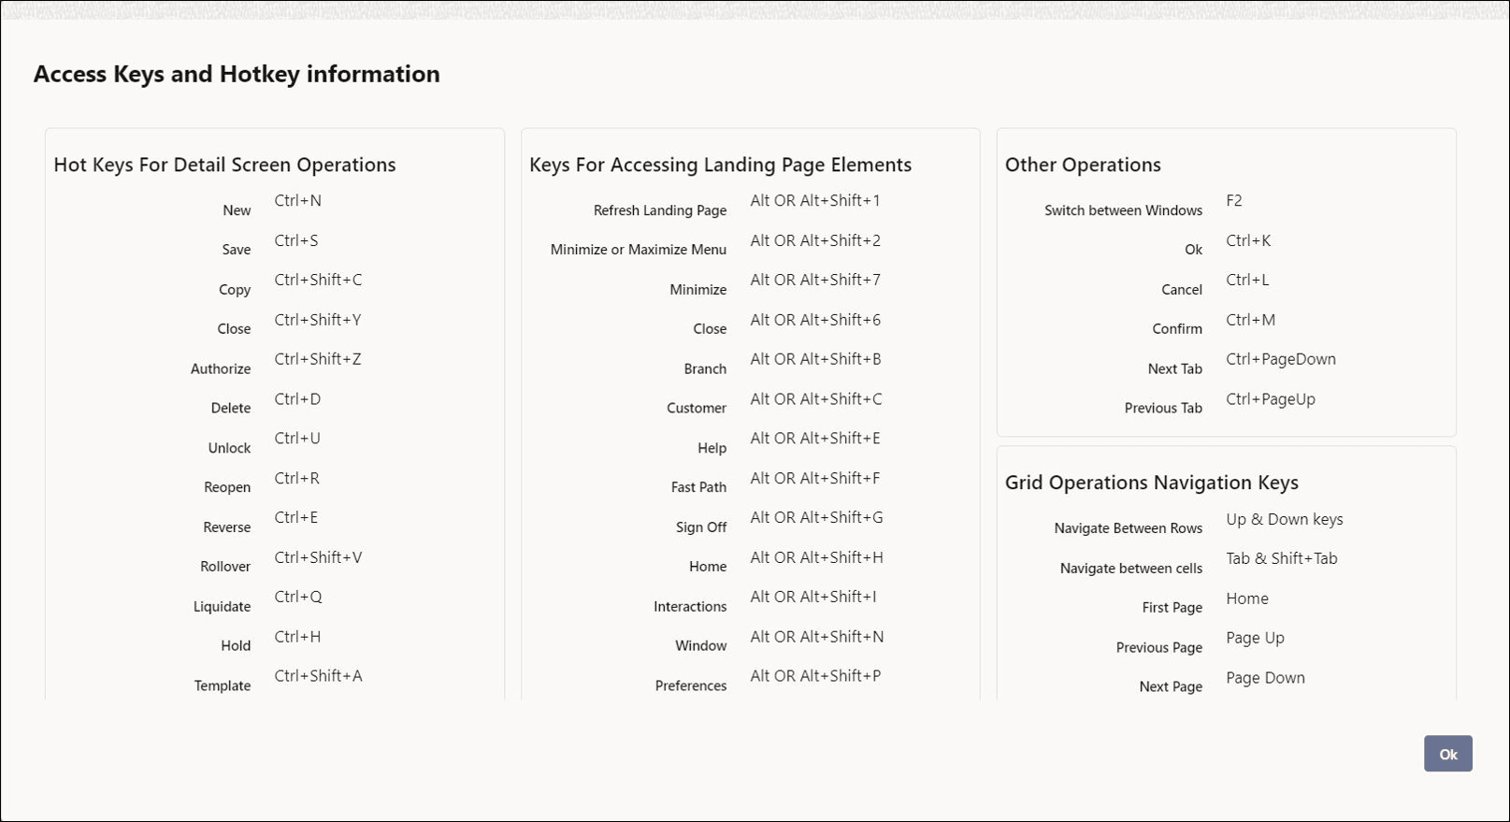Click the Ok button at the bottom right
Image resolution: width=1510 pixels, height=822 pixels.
(x=1447, y=754)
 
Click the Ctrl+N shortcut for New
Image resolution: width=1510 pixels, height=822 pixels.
(x=297, y=201)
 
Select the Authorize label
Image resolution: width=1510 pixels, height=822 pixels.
(x=221, y=369)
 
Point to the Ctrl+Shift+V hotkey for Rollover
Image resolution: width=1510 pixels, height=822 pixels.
(x=318, y=557)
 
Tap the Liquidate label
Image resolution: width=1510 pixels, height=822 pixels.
(x=222, y=607)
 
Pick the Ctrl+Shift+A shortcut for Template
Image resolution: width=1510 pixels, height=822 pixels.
(x=318, y=676)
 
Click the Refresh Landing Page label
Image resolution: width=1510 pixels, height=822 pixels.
(x=659, y=210)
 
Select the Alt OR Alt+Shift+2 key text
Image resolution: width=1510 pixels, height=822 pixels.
(x=814, y=241)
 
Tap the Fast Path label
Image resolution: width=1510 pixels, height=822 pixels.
(x=698, y=487)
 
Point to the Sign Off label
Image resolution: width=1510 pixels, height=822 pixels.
(x=701, y=527)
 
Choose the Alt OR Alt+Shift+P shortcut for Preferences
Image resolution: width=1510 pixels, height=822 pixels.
(x=814, y=676)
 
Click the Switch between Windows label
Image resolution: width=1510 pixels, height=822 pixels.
(x=1123, y=210)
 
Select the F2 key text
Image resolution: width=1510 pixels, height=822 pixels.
(x=1233, y=201)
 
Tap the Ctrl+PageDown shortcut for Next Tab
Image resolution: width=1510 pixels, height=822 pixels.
(x=1280, y=359)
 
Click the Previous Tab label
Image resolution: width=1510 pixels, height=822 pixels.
(x=1163, y=409)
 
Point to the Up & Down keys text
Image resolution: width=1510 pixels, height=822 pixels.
(x=1284, y=520)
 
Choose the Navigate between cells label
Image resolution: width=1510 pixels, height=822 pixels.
(x=1130, y=569)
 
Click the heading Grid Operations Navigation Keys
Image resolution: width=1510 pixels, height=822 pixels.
(x=1151, y=483)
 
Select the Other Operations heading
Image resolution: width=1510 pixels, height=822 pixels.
(x=1083, y=165)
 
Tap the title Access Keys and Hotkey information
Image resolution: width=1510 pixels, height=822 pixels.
(x=237, y=74)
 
